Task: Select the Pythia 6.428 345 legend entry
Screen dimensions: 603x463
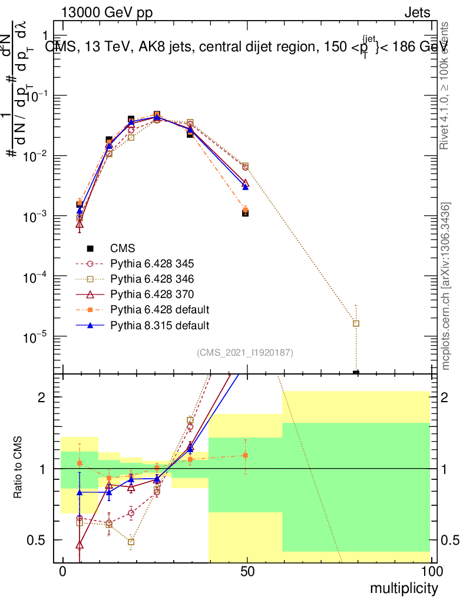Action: coord(148,264)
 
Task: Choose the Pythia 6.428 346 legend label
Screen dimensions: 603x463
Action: coord(148,279)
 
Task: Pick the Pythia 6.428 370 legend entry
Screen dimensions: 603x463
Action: coord(148,294)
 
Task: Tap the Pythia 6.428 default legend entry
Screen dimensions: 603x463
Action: coord(152,310)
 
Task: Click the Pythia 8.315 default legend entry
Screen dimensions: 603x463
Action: coord(152,325)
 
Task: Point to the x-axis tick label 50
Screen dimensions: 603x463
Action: coord(247,572)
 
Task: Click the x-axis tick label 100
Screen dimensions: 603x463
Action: coord(432,572)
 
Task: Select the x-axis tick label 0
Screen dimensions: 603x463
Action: coord(63,572)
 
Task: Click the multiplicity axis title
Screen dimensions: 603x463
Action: coord(404,588)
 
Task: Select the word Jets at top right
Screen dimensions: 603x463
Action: coord(417,12)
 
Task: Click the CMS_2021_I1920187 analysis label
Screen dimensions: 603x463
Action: coord(245,353)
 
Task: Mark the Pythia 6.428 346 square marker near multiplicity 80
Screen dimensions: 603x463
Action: coord(356,323)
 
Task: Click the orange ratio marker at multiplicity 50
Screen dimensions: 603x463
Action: coord(246,455)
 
